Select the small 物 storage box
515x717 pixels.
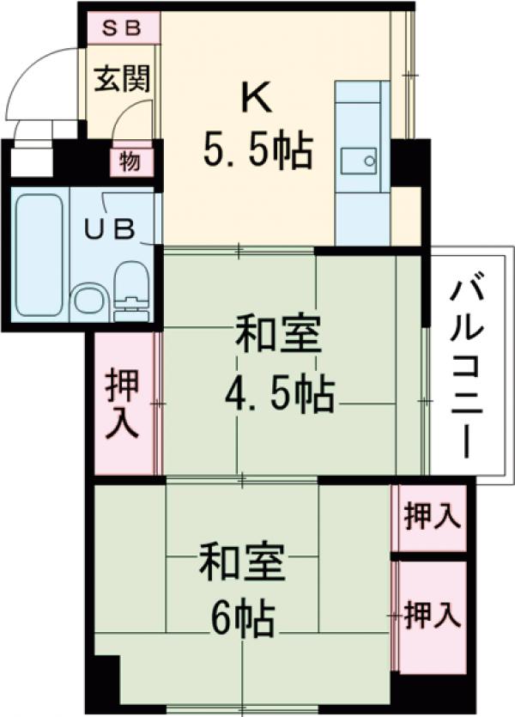click(x=130, y=161)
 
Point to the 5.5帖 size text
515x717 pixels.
click(x=257, y=152)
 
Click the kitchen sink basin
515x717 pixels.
click(x=359, y=160)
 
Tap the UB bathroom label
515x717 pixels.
click(x=110, y=229)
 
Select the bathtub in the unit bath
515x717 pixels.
click(x=39, y=255)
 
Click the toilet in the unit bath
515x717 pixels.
click(x=130, y=289)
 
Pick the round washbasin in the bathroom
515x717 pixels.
click(x=87, y=301)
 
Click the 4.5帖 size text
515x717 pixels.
click(x=279, y=395)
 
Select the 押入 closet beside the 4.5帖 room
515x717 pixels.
click(x=124, y=404)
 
